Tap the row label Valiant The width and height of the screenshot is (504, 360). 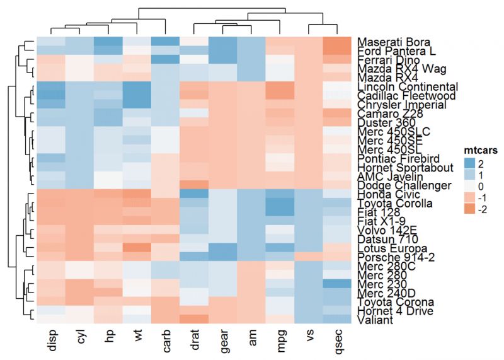(376, 320)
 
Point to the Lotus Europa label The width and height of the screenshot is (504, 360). (389, 248)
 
